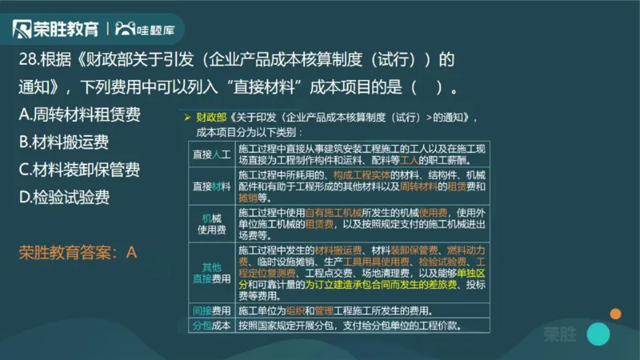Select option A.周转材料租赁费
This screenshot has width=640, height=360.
pos(79,114)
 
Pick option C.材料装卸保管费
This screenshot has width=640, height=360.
pos(79,170)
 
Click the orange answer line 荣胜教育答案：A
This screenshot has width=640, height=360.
pos(78,252)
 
